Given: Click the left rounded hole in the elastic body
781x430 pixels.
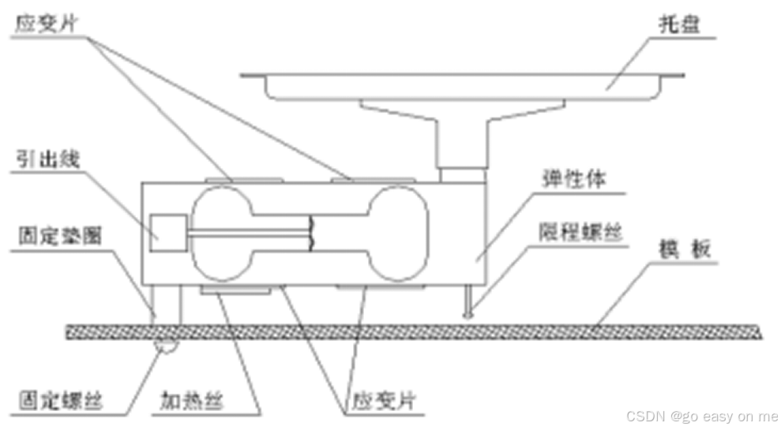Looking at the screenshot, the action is (223, 234).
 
